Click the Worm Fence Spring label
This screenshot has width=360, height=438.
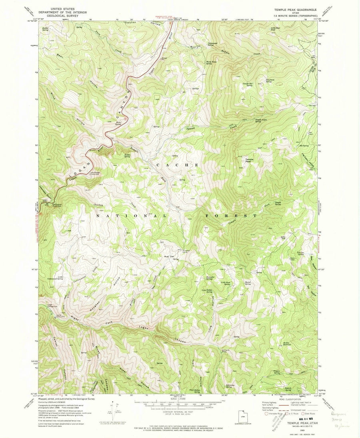[x=203, y=63]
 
